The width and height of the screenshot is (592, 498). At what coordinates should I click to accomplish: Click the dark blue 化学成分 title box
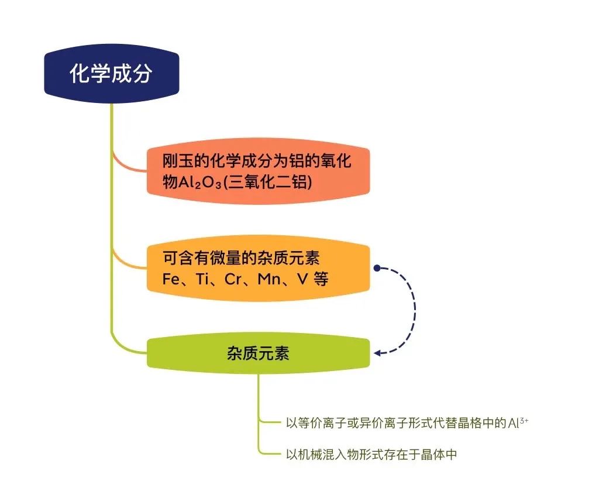pyautogui.click(x=111, y=74)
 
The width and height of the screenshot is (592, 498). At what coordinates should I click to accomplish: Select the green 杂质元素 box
pyautogui.click(x=258, y=353)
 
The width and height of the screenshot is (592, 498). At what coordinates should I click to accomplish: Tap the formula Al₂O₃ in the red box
pyautogui.click(x=200, y=183)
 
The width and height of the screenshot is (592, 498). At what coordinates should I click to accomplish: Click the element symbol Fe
pyautogui.click(x=171, y=279)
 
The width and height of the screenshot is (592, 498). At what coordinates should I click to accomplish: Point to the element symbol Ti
pyautogui.click(x=202, y=279)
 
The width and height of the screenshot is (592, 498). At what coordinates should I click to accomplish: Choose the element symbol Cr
pyautogui.click(x=233, y=279)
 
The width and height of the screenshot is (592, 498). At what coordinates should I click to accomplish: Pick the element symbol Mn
pyautogui.click(x=269, y=279)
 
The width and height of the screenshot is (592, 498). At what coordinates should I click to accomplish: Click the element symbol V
pyautogui.click(x=302, y=279)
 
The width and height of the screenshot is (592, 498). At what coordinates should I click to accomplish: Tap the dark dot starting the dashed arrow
pyautogui.click(x=377, y=268)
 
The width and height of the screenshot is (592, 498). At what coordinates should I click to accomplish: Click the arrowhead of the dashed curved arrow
pyautogui.click(x=377, y=353)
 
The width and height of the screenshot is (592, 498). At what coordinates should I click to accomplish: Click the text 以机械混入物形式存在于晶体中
pyautogui.click(x=371, y=454)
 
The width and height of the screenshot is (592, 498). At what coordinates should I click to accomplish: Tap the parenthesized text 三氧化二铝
pyautogui.click(x=268, y=183)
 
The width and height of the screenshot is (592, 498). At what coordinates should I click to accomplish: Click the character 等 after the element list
pyautogui.click(x=321, y=279)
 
